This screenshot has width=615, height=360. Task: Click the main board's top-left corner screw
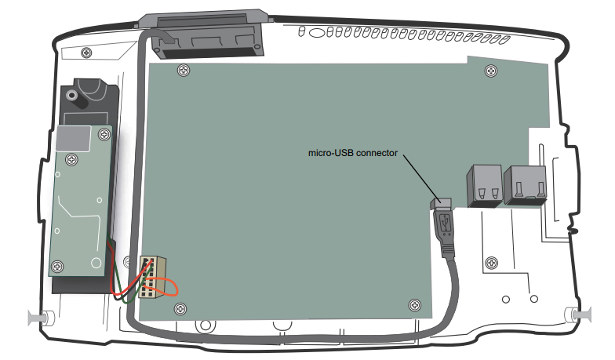pyautogui.click(x=182, y=68)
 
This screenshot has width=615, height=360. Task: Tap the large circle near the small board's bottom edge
pyautogui.click(x=96, y=260)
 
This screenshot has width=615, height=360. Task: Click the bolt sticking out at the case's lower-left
pyautogui.click(x=38, y=318)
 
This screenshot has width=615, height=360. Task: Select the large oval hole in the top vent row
pyautogui.click(x=318, y=35)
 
